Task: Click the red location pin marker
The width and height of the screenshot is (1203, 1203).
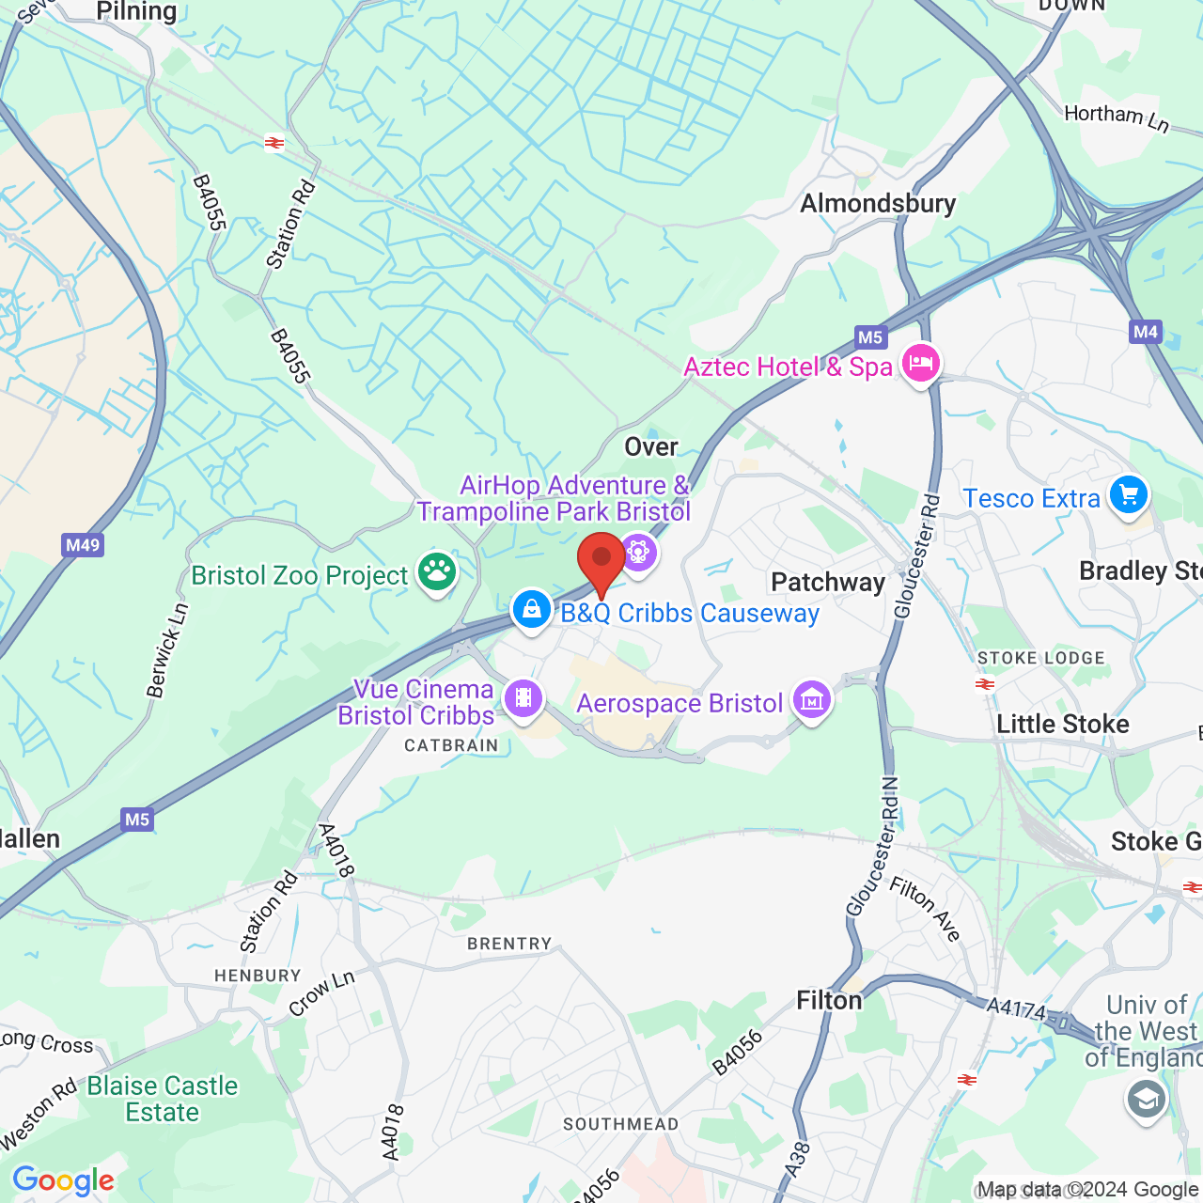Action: (601, 560)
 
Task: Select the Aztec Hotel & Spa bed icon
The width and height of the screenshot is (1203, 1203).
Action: (921, 363)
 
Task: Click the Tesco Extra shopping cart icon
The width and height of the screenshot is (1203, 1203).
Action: (1129, 494)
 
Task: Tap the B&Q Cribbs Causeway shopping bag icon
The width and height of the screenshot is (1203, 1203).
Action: (531, 609)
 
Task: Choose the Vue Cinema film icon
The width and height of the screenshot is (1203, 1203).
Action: (523, 698)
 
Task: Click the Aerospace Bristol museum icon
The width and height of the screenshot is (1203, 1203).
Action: (812, 699)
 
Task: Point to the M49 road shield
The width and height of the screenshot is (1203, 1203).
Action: (83, 545)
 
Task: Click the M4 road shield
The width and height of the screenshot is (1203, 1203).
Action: (1146, 332)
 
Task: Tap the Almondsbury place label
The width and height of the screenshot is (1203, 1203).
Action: (878, 204)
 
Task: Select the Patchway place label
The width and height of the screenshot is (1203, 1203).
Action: (828, 583)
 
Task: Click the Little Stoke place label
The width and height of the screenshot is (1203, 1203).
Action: (1062, 725)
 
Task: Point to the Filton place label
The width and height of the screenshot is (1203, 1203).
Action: (829, 1001)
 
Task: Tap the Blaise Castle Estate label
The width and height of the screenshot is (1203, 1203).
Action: (163, 1099)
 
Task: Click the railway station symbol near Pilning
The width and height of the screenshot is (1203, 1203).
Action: (274, 143)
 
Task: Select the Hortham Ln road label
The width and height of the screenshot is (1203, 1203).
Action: (1117, 117)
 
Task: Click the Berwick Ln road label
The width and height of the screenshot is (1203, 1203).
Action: (168, 650)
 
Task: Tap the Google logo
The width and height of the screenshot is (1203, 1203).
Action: (63, 1180)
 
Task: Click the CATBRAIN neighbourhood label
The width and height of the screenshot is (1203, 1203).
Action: (451, 745)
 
